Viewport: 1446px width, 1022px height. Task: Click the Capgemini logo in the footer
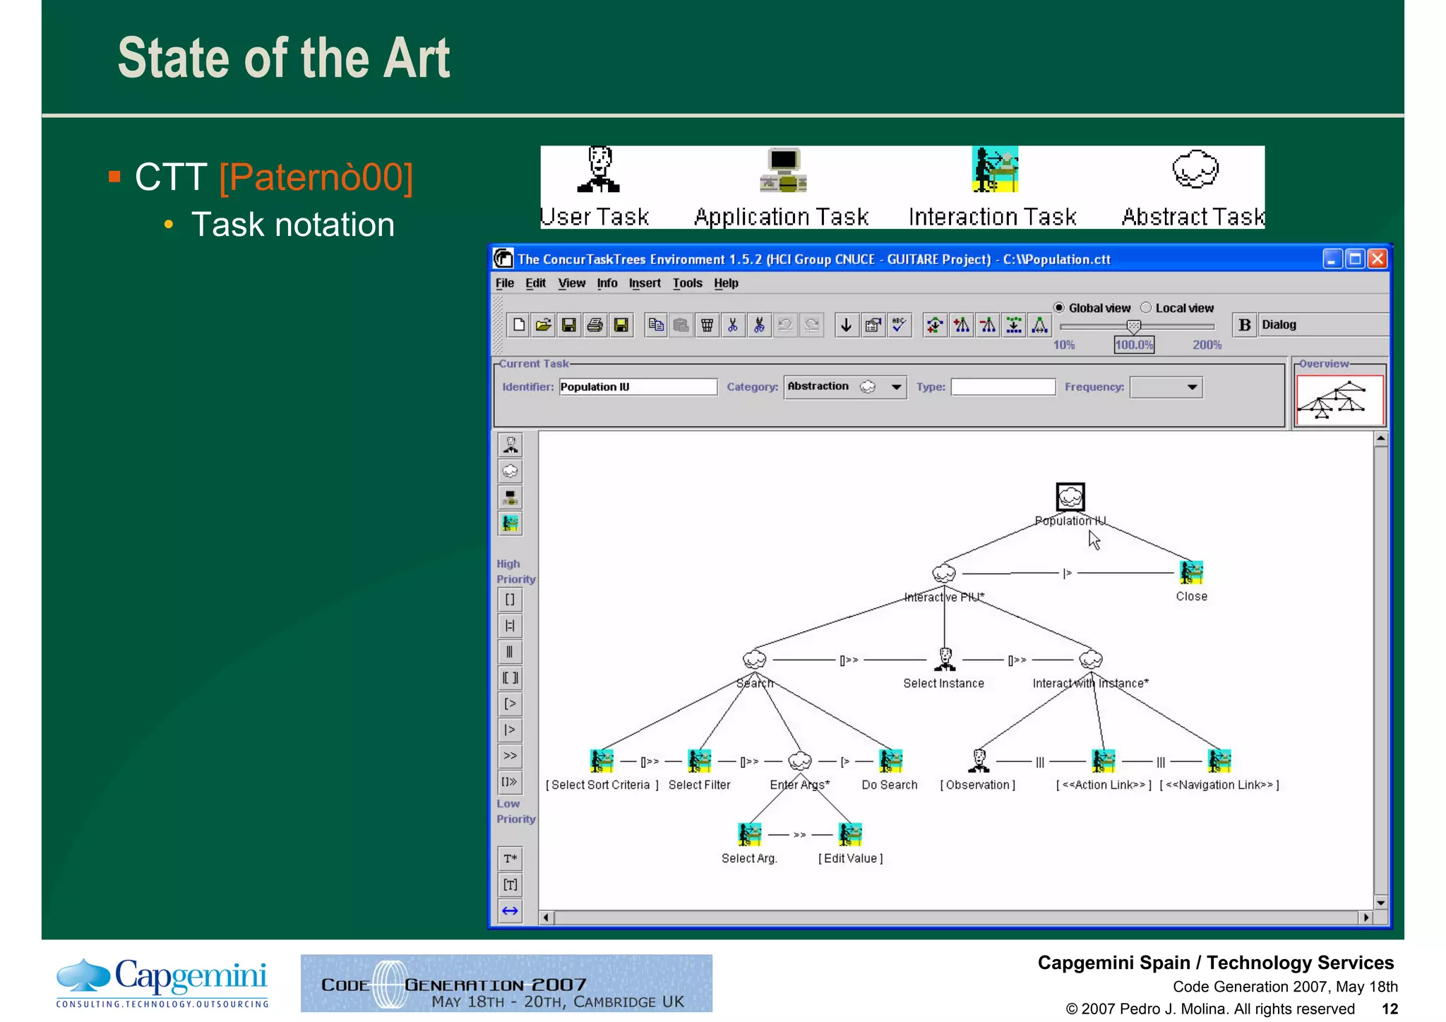162,982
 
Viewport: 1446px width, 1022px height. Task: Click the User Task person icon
599,170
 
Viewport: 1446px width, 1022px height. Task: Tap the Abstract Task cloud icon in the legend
1195,170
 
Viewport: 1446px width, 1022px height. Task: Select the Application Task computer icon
783,170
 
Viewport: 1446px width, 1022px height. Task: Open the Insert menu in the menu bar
645,283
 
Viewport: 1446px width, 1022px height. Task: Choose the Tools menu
687,283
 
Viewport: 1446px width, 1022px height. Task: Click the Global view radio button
1059,307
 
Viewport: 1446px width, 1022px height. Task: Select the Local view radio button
1146,307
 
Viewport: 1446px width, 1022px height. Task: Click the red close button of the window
1377,259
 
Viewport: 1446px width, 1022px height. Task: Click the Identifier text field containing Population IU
638,387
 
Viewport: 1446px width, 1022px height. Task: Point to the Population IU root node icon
1070,497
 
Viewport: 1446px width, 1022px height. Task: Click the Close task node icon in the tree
1191,572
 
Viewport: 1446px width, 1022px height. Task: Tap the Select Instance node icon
945,658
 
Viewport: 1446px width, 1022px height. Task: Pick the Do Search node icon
890,761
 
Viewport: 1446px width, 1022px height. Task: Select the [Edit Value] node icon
850,834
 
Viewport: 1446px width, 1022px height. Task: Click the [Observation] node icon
979,761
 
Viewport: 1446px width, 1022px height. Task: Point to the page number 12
1390,1009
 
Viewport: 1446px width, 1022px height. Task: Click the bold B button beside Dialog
1245,325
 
